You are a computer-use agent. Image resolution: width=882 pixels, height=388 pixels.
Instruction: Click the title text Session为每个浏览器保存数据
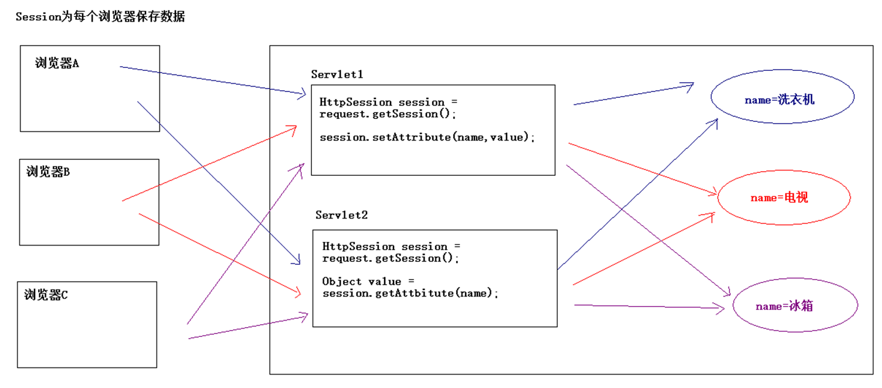[100, 17]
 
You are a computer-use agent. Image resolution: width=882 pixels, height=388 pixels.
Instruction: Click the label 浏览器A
[57, 64]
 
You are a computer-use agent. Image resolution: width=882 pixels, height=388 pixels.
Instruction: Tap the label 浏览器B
[48, 172]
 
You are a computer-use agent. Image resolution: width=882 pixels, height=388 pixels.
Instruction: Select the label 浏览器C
[46, 295]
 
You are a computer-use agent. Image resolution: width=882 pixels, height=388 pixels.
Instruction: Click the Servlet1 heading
[337, 74]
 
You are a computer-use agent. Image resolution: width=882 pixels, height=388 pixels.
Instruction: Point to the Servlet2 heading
[341, 215]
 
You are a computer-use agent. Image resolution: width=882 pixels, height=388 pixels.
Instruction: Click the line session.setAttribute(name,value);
[428, 137]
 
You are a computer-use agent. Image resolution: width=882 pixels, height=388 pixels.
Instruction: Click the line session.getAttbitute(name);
[410, 293]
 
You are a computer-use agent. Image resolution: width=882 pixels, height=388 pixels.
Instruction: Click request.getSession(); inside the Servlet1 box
[387, 114]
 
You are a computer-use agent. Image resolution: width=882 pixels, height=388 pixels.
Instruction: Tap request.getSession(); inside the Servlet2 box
[391, 258]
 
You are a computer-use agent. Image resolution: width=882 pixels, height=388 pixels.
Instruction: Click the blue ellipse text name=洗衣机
[779, 100]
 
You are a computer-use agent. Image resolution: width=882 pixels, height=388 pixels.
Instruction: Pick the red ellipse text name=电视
[779, 198]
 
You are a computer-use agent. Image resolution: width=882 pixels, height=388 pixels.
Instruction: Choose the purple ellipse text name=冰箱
[784, 307]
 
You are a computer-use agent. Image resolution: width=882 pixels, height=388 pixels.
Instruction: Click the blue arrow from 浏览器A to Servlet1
[211, 80]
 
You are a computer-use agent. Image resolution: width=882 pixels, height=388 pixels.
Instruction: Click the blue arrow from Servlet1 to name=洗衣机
[633, 96]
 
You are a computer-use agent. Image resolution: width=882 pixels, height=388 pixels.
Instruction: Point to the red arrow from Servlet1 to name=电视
[642, 168]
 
